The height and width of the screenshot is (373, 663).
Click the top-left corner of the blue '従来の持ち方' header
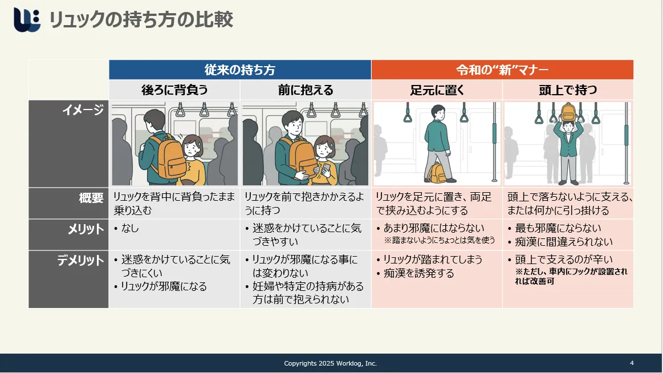coord(109,60)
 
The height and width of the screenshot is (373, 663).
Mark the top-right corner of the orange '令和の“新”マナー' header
coord(633,60)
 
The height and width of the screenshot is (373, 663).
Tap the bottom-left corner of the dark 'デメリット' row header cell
coord(29,308)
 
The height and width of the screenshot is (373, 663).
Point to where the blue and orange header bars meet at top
coord(371,60)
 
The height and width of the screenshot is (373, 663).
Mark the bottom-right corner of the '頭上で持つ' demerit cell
coord(633,308)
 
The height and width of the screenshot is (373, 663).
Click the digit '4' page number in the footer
coord(632,363)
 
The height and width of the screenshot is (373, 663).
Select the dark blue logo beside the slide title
coord(27,19)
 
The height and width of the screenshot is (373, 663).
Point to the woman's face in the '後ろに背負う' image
coord(192,148)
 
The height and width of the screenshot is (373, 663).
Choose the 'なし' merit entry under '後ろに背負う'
coord(130,228)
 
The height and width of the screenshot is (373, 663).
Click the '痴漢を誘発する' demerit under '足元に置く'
coord(418,273)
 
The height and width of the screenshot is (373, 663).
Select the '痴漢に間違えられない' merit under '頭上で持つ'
coord(564,242)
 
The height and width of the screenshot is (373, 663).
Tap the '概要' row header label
coord(91,198)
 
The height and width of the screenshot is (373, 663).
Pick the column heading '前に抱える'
coord(306,90)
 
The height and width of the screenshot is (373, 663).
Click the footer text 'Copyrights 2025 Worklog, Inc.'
coord(330,363)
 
